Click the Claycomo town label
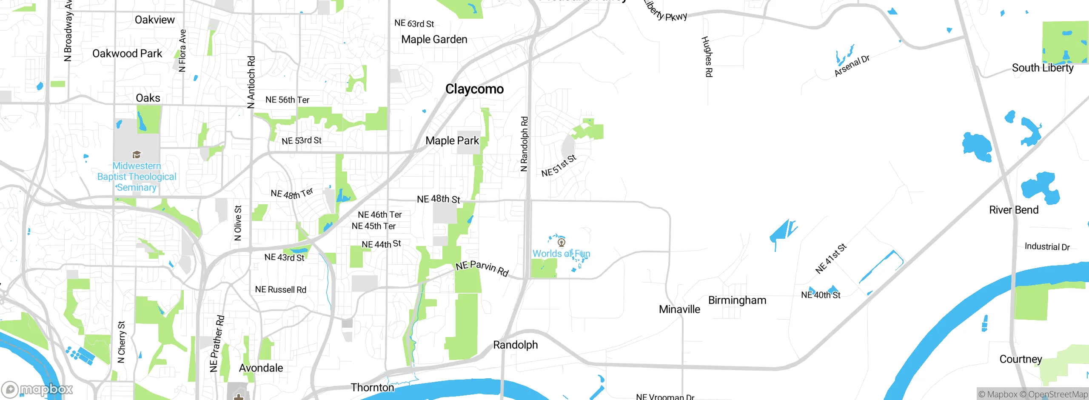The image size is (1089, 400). coord(474,89)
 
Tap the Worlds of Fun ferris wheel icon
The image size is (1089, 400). coord(562,243)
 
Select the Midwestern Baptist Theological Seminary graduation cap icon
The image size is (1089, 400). coord(137,154)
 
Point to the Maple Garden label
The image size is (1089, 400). coord(434,40)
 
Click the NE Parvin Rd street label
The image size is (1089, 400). coord(482,268)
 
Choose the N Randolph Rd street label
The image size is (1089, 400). coord(524,144)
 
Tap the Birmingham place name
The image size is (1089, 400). coord(737,300)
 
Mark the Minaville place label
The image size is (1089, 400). coord(679,309)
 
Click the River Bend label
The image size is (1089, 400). coord(1013,210)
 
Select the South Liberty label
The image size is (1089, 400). coord(1042,68)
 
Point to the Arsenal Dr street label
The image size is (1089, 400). coord(852,66)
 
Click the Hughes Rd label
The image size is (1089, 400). coord(707,57)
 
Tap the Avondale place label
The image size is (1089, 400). coord(261,368)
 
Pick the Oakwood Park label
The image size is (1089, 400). coord(127,54)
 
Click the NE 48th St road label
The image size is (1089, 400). coord(438,199)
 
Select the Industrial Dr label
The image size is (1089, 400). coord(1047,247)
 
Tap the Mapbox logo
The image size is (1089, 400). coord(37,389)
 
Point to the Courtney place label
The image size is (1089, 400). coord(1020,359)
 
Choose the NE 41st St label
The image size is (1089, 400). coord(830,258)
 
